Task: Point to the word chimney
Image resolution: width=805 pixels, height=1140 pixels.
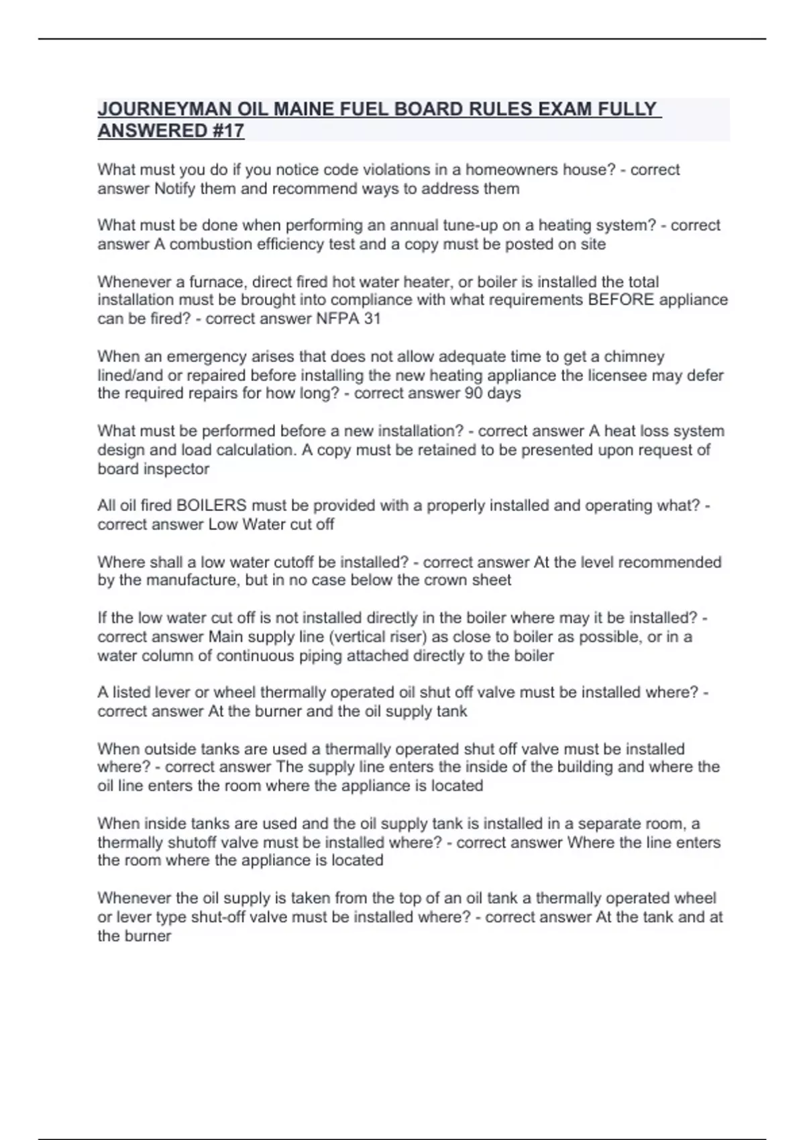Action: pyautogui.click(x=634, y=356)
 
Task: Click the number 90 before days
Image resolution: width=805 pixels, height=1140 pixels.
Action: pyautogui.click(x=474, y=393)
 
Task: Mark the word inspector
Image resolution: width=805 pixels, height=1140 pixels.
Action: pyautogui.click(x=175, y=469)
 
